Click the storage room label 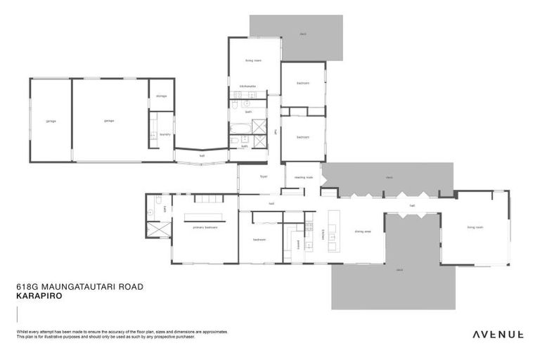pyautogui.click(x=161, y=96)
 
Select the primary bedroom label pyautogui.click(x=205, y=227)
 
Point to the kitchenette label pyautogui.click(x=247, y=86)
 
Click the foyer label pyautogui.click(x=264, y=177)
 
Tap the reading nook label pyautogui.click(x=303, y=177)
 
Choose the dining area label pyautogui.click(x=363, y=231)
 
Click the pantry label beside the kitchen pyautogui.click(x=299, y=245)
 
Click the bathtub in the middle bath pyautogui.click(x=240, y=128)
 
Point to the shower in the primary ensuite pyautogui.click(x=159, y=231)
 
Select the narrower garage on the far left pyautogui.click(x=51, y=121)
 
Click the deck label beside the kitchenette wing pyautogui.click(x=303, y=33)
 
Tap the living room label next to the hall pyautogui.click(x=475, y=227)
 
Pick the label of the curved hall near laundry pyautogui.click(x=202, y=155)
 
